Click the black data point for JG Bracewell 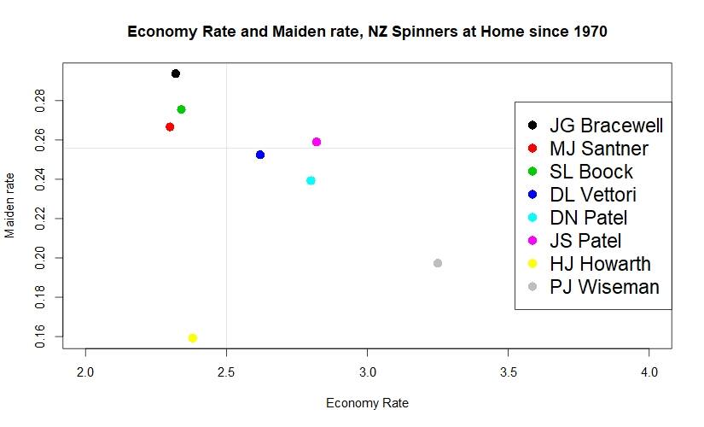coord(176,73)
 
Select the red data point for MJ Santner coord(170,126)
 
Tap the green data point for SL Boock coord(181,109)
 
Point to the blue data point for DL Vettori coord(260,155)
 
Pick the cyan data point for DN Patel coord(311,180)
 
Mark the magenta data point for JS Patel coord(317,142)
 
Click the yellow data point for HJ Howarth coord(193,337)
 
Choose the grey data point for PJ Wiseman coord(438,263)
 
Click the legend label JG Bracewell coord(606,126)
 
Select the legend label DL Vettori coord(593,195)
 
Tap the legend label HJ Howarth coord(600,264)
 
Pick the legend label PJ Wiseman coord(604,287)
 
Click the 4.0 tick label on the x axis coord(649,374)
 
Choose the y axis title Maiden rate coord(10,206)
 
